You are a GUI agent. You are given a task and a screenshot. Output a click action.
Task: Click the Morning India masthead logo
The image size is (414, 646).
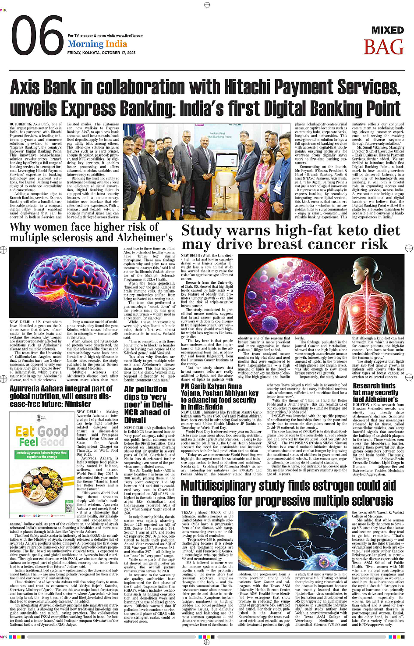click(x=97, y=44)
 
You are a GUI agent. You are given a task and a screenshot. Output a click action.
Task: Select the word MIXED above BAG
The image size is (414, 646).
click(x=387, y=30)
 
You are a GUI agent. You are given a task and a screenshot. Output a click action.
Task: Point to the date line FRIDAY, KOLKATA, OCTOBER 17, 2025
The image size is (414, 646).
click(x=101, y=53)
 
